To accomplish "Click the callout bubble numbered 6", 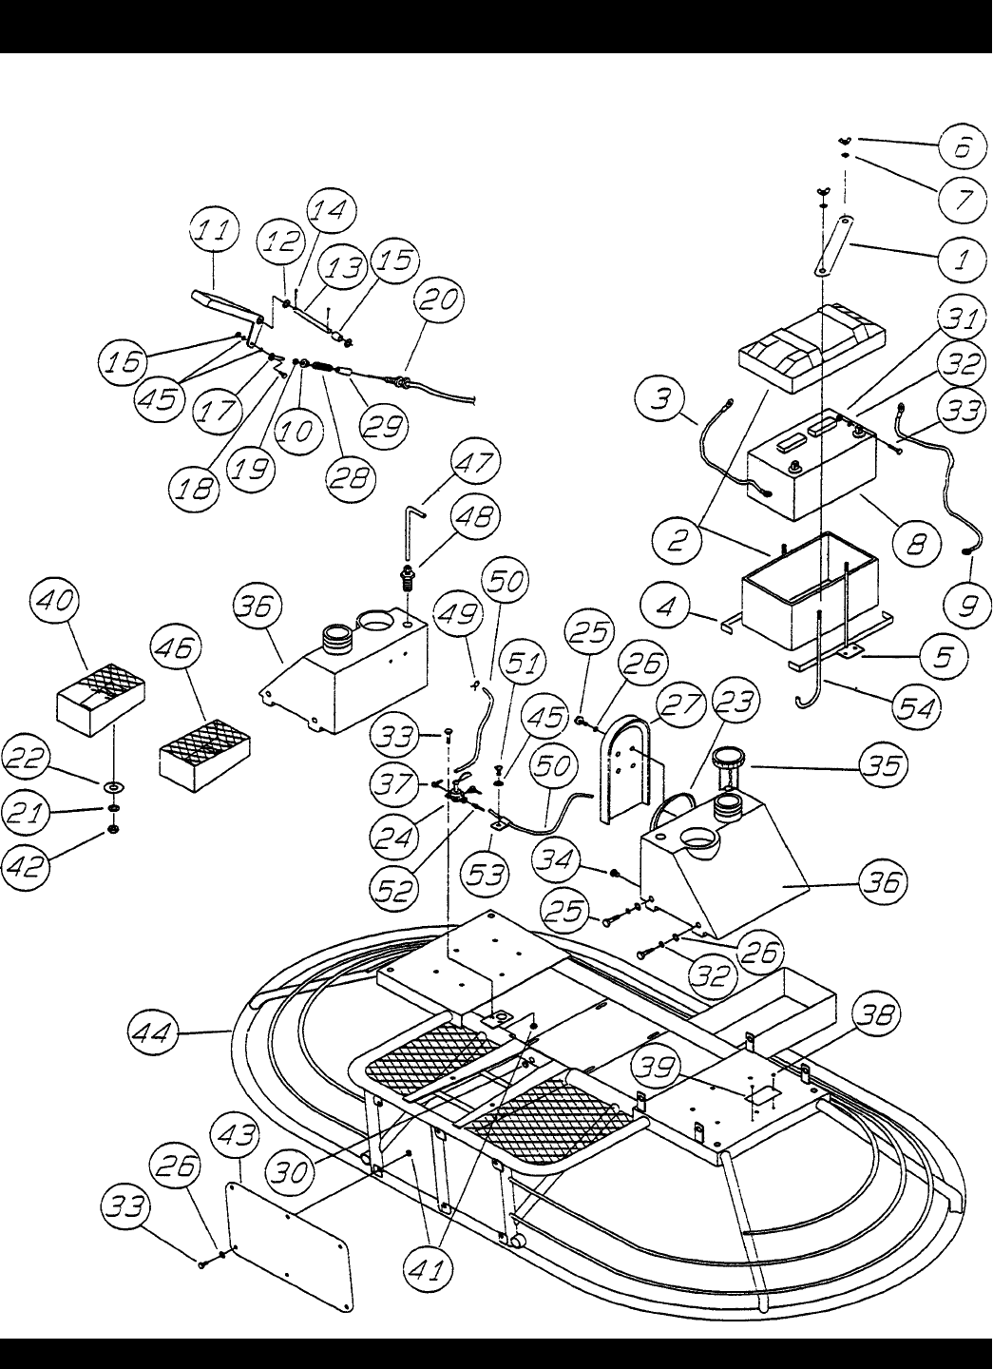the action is [x=963, y=147].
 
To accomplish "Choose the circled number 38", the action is [x=877, y=1015].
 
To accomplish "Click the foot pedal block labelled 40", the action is [x=101, y=699].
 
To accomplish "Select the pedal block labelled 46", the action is [x=204, y=755].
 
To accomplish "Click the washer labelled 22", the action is [x=113, y=786].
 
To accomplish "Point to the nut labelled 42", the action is [x=112, y=829].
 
